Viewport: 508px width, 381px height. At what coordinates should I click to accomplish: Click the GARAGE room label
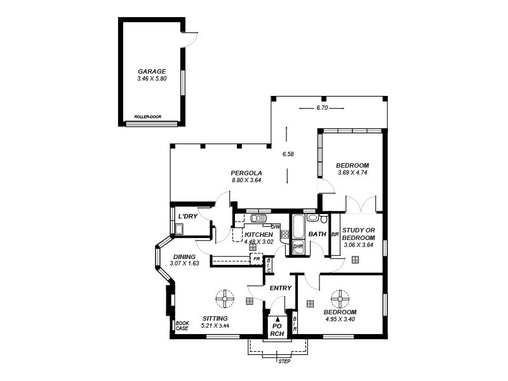152,72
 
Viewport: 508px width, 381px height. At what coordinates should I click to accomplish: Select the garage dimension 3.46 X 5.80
152,79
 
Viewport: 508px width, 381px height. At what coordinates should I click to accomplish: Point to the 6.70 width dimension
322,108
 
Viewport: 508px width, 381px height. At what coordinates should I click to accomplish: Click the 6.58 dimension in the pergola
288,154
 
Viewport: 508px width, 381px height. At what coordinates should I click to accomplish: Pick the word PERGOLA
246,173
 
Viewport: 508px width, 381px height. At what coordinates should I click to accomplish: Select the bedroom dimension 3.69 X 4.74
352,173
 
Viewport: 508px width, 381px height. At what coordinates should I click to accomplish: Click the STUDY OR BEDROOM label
359,234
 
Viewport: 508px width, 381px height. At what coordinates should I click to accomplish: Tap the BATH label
317,234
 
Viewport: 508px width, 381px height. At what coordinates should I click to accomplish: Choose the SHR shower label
298,246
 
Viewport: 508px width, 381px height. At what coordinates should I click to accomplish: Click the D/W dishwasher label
276,227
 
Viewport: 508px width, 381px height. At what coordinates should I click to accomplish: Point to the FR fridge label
257,259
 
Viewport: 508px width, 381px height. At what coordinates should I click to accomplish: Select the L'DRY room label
188,217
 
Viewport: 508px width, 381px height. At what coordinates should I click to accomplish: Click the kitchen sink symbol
258,219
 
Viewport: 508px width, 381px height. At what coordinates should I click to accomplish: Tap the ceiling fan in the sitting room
224,298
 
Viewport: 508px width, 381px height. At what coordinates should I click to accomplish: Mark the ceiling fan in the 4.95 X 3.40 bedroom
340,298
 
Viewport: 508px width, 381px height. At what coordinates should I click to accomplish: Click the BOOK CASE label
182,325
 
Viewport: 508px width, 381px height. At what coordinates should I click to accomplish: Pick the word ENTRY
280,288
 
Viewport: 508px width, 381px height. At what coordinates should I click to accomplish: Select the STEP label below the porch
284,361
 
